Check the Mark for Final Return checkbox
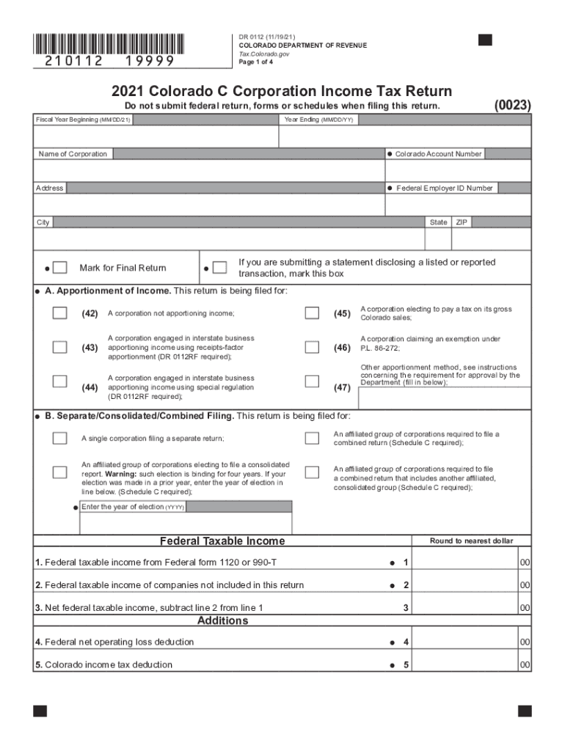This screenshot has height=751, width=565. pos(61,268)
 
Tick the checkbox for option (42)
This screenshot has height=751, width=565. pos(59,313)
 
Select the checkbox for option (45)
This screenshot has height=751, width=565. pos(312,313)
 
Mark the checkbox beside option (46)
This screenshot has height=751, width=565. pos(312,347)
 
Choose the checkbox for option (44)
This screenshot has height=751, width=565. pos(59,381)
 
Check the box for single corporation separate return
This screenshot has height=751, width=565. pos(59,438)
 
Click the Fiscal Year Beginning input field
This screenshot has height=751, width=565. pos(156,136)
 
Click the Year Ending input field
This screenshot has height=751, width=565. pos(405,136)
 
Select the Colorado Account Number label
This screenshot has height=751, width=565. pos(438,154)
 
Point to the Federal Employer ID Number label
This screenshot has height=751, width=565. pos(445,188)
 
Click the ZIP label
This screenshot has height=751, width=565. pos(462,222)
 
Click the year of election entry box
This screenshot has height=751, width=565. pos(186,524)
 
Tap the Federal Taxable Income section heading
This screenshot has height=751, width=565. pos(222,541)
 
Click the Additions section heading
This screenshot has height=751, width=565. pos(222,620)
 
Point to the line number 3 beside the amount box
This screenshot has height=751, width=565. pos(406,608)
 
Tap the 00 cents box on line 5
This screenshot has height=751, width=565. pos(525,665)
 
